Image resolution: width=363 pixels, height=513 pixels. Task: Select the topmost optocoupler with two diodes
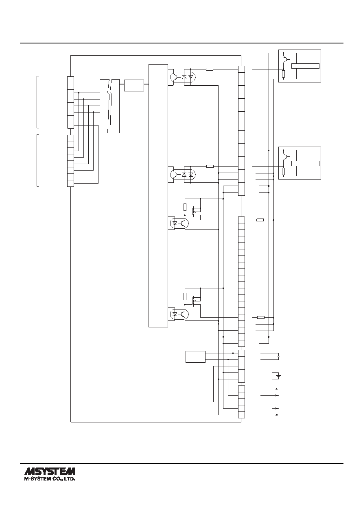click(x=183, y=77)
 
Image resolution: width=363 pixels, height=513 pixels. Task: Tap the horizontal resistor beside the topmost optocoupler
click(x=210, y=69)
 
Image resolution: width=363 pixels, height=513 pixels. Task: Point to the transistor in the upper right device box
click(x=286, y=59)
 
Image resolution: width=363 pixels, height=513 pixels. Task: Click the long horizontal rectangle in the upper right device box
click(x=305, y=66)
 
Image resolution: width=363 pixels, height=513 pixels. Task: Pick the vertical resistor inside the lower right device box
click(x=284, y=171)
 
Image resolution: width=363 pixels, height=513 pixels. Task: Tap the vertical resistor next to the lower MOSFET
click(x=185, y=297)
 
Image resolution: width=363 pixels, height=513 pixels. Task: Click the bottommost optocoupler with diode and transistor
click(x=179, y=314)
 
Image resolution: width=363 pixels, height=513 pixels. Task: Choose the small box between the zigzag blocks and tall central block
click(x=134, y=85)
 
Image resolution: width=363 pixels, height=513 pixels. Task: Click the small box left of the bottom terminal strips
click(x=195, y=357)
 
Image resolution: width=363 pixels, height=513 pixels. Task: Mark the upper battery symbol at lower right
click(x=279, y=356)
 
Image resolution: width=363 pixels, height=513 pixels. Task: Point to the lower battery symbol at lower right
click(x=279, y=376)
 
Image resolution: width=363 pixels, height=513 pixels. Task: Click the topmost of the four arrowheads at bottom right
click(x=277, y=389)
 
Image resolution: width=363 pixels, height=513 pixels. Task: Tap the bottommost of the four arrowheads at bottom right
click(x=277, y=415)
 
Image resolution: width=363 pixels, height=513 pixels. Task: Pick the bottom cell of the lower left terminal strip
click(x=71, y=184)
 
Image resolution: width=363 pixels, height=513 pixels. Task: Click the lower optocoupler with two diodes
click(x=183, y=175)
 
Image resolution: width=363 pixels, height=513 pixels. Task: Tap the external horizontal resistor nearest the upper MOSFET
click(x=260, y=220)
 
